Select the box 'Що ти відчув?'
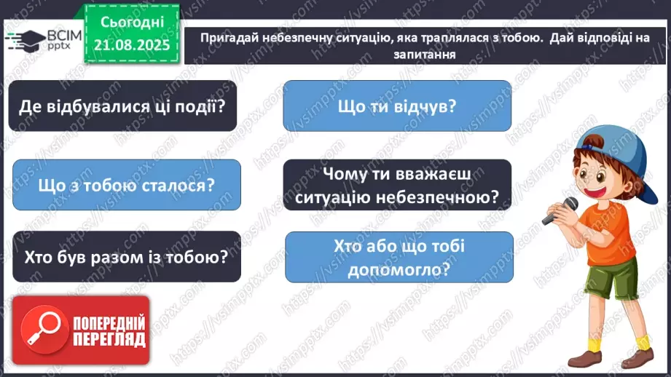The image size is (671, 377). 397,106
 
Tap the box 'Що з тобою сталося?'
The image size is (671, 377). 127,185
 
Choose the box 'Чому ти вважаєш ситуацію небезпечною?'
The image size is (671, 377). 397,185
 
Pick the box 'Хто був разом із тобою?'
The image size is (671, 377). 127,256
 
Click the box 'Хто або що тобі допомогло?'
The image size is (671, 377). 399,257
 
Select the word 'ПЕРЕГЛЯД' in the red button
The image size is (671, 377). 109,339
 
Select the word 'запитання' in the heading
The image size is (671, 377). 417,53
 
